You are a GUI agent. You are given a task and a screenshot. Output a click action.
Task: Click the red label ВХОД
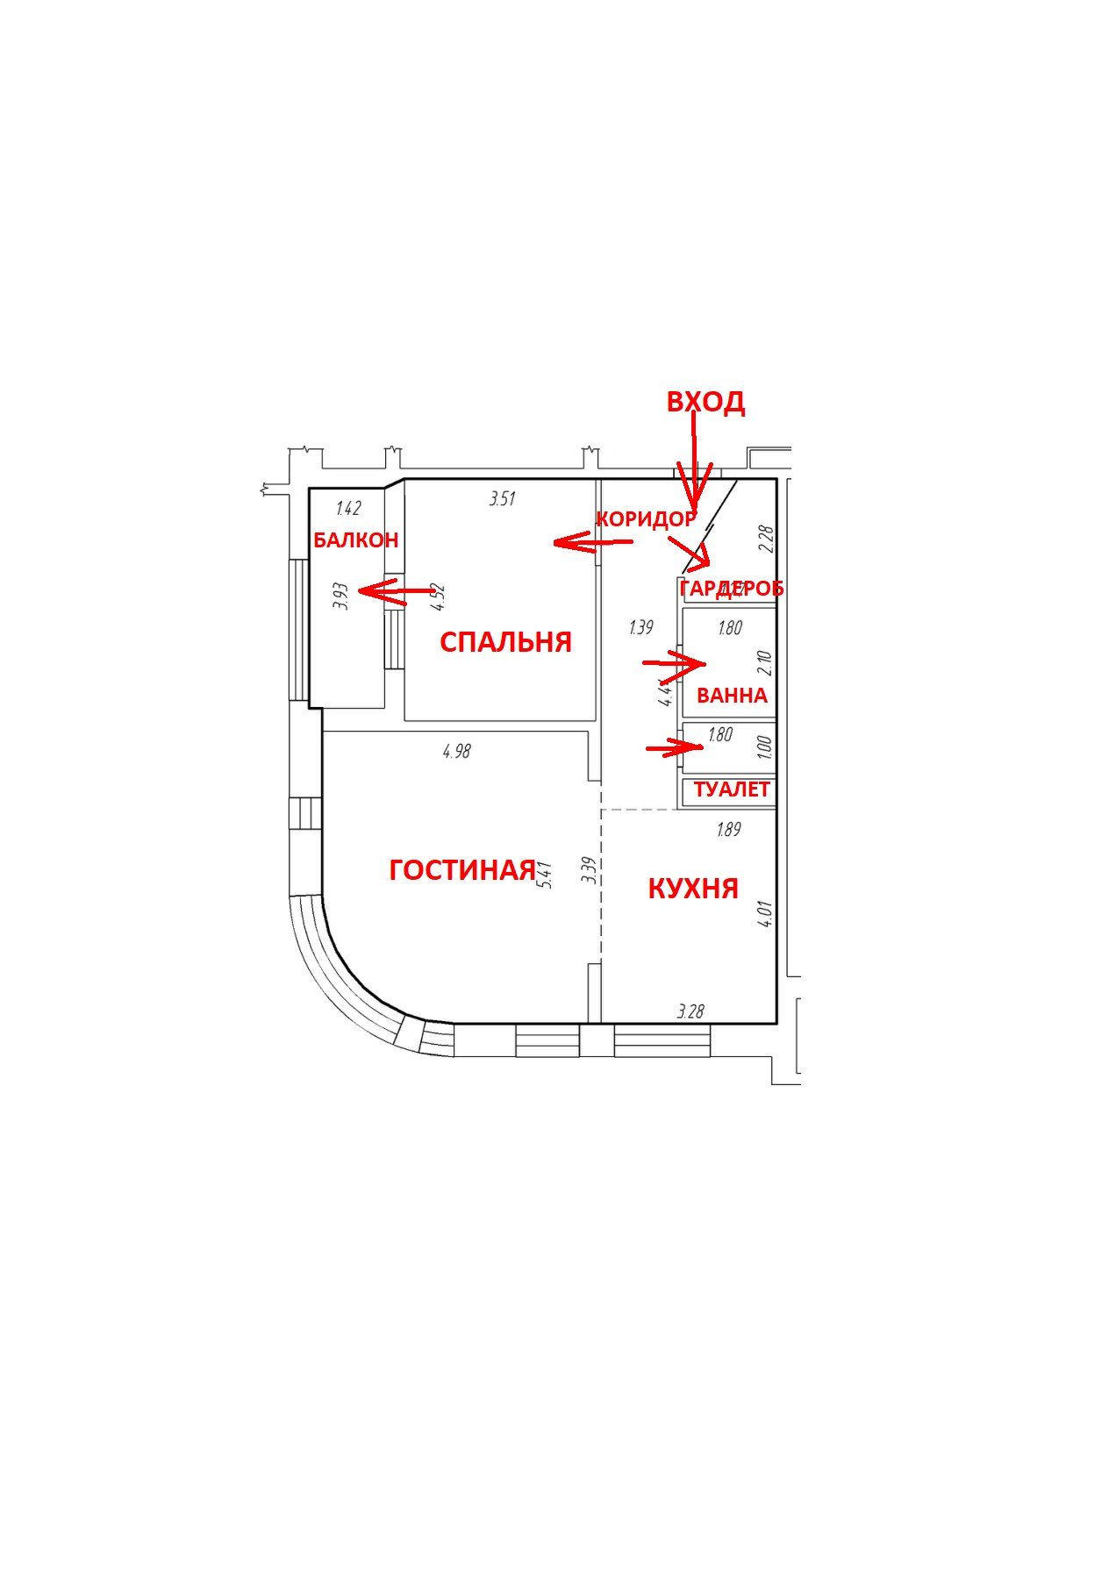(x=705, y=402)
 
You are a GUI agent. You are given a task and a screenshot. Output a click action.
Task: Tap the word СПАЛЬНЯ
(x=505, y=642)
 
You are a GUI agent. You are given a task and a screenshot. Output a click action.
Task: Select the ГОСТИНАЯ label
(x=461, y=869)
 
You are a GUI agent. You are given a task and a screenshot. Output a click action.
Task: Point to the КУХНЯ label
(x=692, y=889)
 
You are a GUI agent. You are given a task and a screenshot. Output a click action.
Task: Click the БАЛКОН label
(x=355, y=540)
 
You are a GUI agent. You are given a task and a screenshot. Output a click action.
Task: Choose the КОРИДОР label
(x=646, y=519)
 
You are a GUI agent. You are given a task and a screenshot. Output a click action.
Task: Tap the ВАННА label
(x=732, y=696)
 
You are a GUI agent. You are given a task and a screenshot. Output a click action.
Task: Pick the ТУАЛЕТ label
(x=731, y=789)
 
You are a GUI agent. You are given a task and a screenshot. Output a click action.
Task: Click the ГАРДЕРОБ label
(x=731, y=589)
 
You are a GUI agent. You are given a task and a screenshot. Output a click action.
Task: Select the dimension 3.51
(x=502, y=499)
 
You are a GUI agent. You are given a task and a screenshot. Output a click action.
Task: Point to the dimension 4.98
(x=457, y=751)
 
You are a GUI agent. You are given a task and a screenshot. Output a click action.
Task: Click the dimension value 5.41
(x=546, y=875)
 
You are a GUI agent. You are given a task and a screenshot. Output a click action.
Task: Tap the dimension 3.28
(x=690, y=1011)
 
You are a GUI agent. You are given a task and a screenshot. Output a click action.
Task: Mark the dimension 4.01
(x=765, y=914)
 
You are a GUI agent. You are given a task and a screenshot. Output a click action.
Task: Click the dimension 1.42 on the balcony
(x=348, y=509)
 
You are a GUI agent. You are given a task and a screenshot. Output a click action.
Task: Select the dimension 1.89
(x=728, y=829)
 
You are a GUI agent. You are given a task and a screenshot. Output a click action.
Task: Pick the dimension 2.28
(x=765, y=538)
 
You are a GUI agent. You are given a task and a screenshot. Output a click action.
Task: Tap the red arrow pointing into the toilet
(x=675, y=748)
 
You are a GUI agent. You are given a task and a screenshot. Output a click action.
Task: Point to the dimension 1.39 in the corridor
(x=640, y=627)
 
